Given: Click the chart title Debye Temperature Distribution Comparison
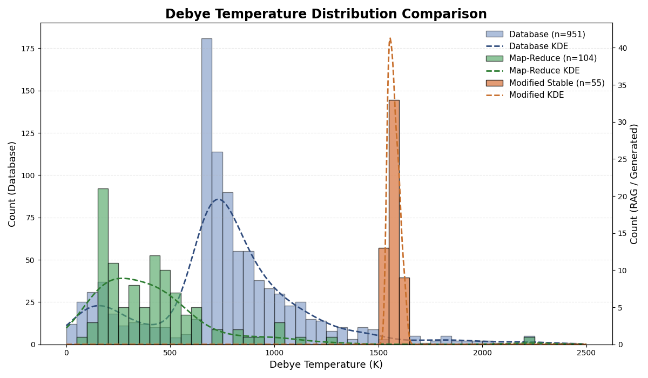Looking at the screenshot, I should [326, 15].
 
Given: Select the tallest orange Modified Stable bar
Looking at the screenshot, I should [394, 222].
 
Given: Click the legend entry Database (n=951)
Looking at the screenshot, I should [546, 35].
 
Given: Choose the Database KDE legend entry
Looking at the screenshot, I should [538, 46].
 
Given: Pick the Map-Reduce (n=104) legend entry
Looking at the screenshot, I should [552, 58].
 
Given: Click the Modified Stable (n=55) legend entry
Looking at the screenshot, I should [557, 83].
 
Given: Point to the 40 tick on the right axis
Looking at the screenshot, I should [623, 49].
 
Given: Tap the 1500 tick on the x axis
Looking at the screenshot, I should [378, 353].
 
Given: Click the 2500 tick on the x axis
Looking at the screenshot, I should [586, 353].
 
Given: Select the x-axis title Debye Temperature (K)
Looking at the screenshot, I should [326, 365].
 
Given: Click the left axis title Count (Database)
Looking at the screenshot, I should [12, 184].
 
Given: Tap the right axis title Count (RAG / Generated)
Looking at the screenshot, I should [634, 184].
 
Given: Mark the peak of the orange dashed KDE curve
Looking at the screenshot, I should [390, 38].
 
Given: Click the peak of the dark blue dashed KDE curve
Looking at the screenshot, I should [218, 199].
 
